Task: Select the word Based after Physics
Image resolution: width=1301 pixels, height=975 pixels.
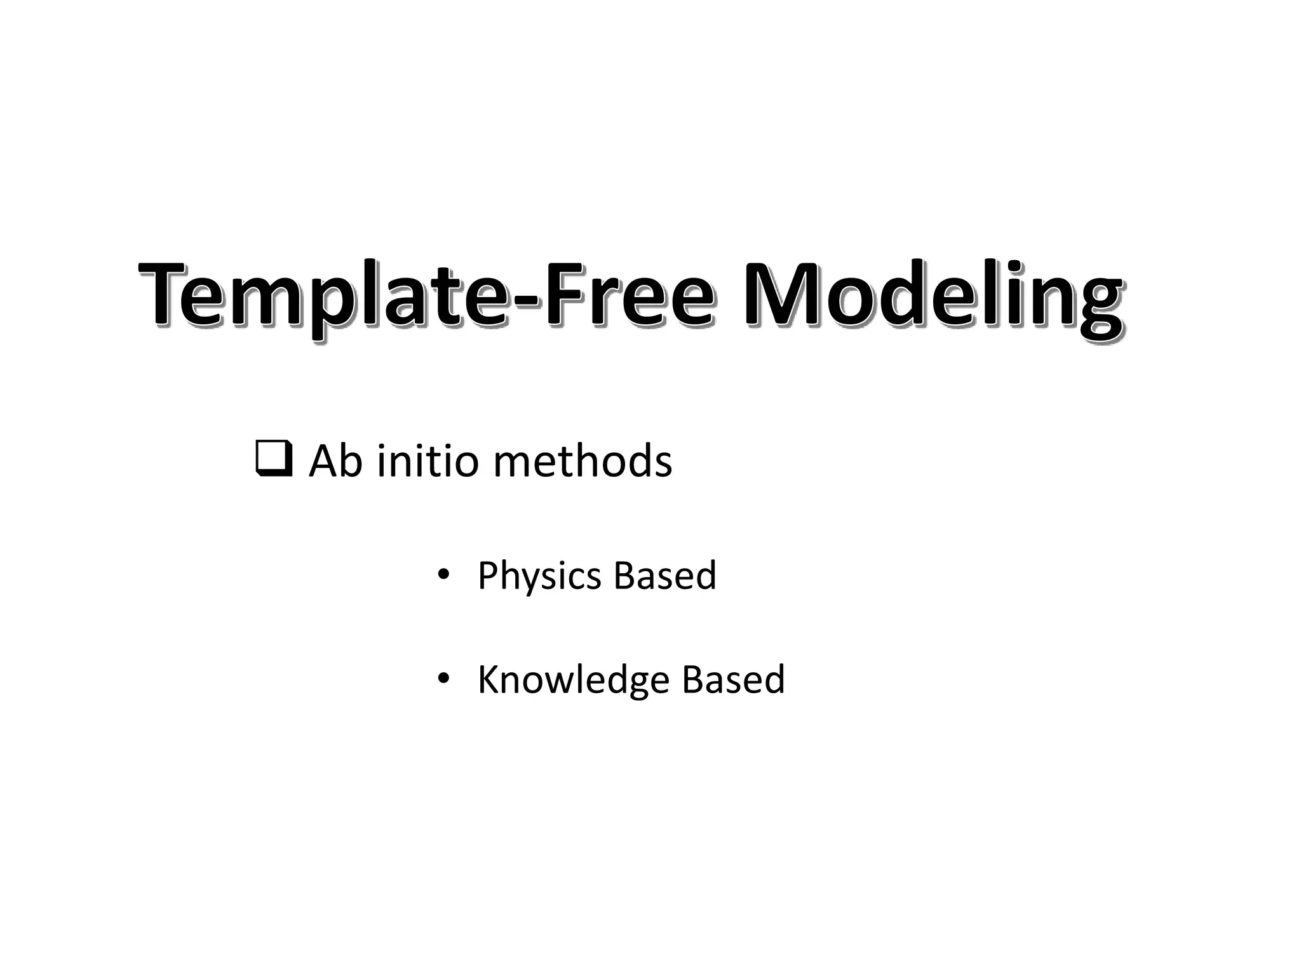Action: coord(664,575)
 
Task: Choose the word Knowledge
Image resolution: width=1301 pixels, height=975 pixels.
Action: coord(574,680)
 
